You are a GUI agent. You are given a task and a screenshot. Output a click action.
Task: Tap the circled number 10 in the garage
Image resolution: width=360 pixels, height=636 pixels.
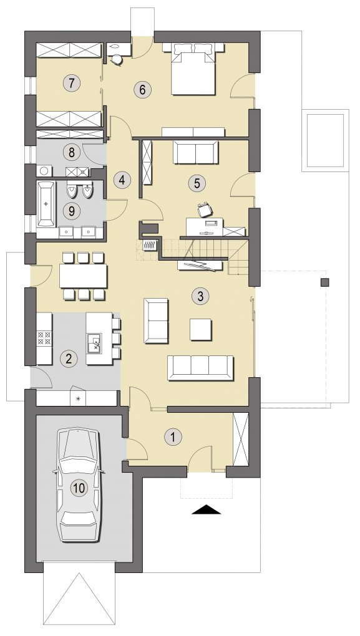pyautogui.click(x=79, y=488)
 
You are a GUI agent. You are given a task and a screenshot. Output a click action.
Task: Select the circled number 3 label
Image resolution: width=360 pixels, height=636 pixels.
pyautogui.click(x=200, y=296)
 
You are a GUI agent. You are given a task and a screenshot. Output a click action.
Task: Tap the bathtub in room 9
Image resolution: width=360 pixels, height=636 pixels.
pyautogui.click(x=46, y=204)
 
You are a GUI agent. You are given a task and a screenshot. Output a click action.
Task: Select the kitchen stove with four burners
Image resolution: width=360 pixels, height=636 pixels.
pyautogui.click(x=44, y=339)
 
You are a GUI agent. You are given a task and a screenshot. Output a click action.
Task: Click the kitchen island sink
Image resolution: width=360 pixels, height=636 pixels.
pyautogui.click(x=95, y=344)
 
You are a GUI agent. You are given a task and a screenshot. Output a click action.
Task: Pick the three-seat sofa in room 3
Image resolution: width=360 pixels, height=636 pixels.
pyautogui.click(x=200, y=367)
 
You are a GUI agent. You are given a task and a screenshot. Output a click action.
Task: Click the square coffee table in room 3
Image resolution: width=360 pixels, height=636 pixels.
pyautogui.click(x=200, y=329)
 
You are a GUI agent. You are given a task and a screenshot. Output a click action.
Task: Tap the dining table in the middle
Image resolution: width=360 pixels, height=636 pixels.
pyautogui.click(x=84, y=276)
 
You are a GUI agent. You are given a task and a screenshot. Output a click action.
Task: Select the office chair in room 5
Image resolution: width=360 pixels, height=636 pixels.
pyautogui.click(x=205, y=210)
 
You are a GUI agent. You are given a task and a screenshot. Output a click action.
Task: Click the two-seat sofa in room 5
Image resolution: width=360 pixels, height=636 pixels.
pyautogui.click(x=196, y=152)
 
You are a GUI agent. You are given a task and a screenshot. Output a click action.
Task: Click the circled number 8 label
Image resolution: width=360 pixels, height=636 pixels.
pyautogui.click(x=71, y=153)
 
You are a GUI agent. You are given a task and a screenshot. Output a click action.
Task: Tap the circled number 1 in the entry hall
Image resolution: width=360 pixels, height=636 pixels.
pyautogui.click(x=173, y=437)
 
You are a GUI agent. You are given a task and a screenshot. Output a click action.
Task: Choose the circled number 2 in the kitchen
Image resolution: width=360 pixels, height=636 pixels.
pyautogui.click(x=68, y=358)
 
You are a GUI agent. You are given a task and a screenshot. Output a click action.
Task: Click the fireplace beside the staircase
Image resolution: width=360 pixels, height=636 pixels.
pyautogui.click(x=150, y=246)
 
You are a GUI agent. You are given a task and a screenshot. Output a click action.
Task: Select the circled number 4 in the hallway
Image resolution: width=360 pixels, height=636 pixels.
pyautogui.click(x=122, y=180)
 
